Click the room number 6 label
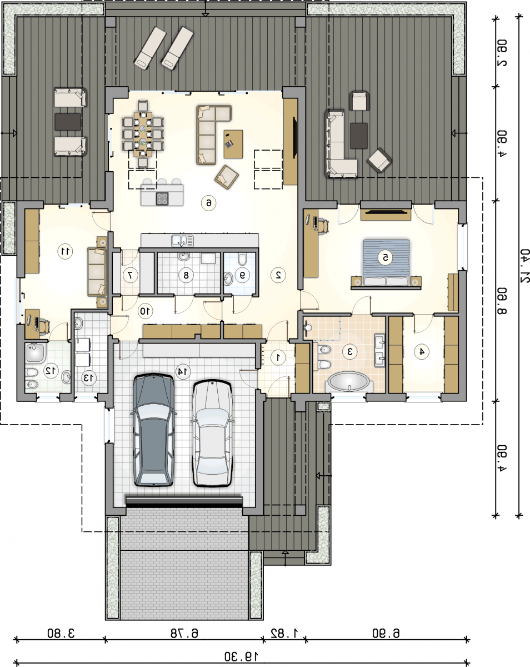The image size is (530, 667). [208, 203]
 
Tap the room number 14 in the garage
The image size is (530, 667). [183, 371]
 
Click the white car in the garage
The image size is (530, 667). [212, 434]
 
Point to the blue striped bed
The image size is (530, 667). [386, 262]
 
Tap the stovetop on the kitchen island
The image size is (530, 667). [162, 198]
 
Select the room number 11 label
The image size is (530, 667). [66, 251]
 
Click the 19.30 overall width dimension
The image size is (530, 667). [241, 656]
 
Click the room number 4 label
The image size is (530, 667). [422, 351]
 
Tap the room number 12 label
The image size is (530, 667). [51, 370]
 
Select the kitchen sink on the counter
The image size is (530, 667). [182, 241]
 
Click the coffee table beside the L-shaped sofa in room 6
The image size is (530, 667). [233, 144]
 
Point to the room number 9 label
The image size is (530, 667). [243, 275]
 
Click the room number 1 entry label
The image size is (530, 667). [278, 357]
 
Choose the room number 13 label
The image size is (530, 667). [89, 378]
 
